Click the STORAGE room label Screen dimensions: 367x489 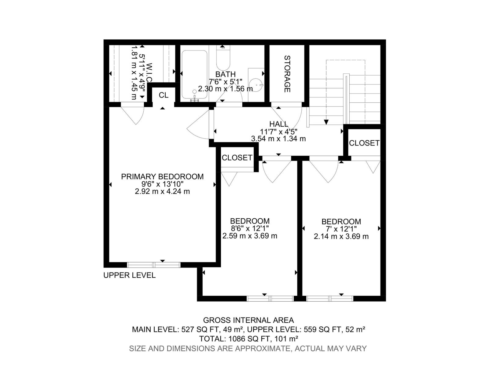(x=287, y=74)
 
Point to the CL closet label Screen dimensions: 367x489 (x=164, y=95)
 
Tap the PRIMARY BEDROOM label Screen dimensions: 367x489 (x=162, y=176)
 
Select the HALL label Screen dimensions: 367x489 (x=278, y=124)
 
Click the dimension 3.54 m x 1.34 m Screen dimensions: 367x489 (x=278, y=139)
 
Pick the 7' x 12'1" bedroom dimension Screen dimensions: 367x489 (x=341, y=229)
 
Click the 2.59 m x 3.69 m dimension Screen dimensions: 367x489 (x=250, y=236)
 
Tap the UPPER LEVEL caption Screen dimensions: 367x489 (x=129, y=275)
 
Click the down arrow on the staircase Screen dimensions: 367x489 (x=326, y=122)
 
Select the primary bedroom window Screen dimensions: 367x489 (x=154, y=265)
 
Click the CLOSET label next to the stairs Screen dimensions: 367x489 (x=364, y=143)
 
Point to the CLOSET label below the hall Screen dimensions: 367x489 (x=237, y=158)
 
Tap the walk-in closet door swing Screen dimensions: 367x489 (x=134, y=115)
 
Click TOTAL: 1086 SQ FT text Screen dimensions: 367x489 (x=248, y=339)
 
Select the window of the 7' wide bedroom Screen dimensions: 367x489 (x=329, y=298)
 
